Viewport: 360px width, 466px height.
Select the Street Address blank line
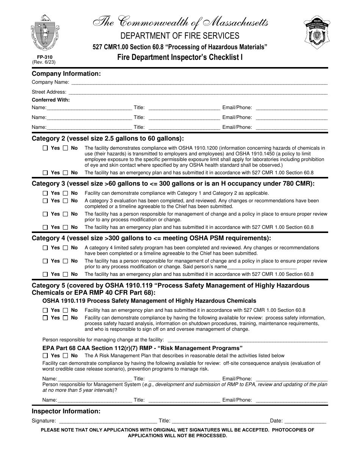pyautogui.click(x=197, y=92)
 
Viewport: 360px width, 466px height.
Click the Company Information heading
pyautogui.click(x=66, y=73)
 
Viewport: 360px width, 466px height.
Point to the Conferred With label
pyautogui.click(x=51, y=100)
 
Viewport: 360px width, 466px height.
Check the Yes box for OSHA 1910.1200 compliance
pyautogui.click(x=45, y=148)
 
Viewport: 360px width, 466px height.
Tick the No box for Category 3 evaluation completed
pyautogui.click(x=66, y=201)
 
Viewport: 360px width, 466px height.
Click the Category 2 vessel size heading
pyautogui.click(x=108, y=138)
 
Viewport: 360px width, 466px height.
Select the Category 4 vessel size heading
pyautogui.click(x=151, y=238)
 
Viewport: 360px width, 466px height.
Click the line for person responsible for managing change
pyautogui.click(x=247, y=340)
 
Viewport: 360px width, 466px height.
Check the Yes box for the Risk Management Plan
pyautogui.click(x=45, y=356)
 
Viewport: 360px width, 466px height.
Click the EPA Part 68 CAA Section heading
pyautogui.click(x=142, y=348)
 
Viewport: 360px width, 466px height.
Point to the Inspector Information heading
pyautogui.click(x=66, y=411)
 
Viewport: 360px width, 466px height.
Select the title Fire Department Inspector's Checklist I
pyautogui.click(x=180, y=57)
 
